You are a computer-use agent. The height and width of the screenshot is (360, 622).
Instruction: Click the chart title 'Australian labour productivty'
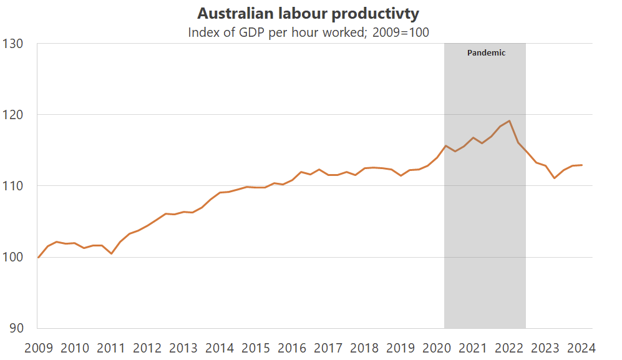pos(308,13)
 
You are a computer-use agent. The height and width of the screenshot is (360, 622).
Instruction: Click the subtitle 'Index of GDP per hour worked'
pos(308,32)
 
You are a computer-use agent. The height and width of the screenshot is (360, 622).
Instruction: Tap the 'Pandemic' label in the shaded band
pos(486,53)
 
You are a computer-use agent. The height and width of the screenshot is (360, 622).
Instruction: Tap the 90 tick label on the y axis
pos(16,328)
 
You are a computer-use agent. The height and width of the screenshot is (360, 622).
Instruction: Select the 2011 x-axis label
pos(111,348)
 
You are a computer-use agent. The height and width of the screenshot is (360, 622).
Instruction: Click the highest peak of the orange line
pos(510,121)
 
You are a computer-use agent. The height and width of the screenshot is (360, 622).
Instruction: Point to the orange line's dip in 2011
pos(111,253)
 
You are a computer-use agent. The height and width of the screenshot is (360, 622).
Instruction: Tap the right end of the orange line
pos(581,165)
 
